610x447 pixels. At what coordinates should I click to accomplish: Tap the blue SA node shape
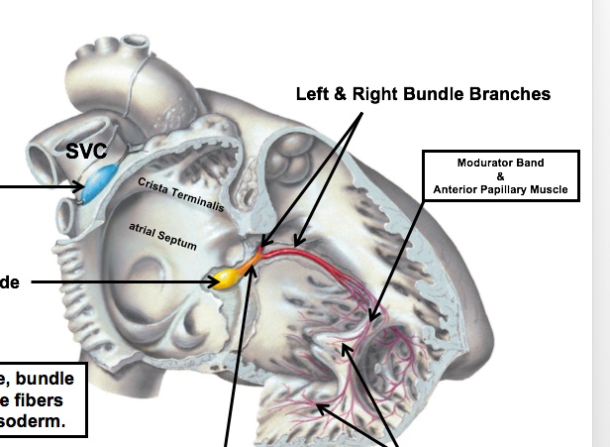(x=99, y=184)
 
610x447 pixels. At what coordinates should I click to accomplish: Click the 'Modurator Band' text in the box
(x=500, y=163)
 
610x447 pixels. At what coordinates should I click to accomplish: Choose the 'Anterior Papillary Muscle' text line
(x=500, y=189)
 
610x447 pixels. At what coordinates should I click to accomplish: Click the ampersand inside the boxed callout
(x=500, y=176)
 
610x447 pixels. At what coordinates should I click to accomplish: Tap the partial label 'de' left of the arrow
(x=10, y=282)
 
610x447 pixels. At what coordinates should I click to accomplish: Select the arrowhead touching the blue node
(x=78, y=185)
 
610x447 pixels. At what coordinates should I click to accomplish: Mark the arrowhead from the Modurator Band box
(x=373, y=318)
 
